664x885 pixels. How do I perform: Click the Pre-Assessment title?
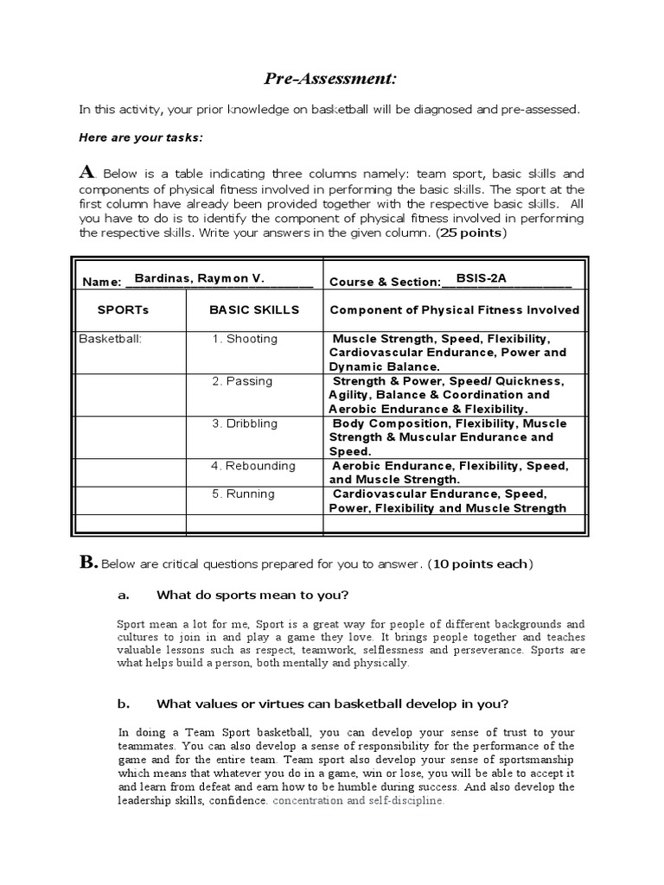pyautogui.click(x=331, y=80)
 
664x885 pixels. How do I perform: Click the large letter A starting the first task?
pyautogui.click(x=86, y=171)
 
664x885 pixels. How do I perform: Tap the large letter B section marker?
pyautogui.click(x=88, y=563)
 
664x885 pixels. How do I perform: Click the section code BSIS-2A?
pyautogui.click(x=481, y=277)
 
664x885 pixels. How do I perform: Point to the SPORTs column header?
pyautogui.click(x=124, y=310)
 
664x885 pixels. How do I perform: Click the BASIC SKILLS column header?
pyautogui.click(x=254, y=310)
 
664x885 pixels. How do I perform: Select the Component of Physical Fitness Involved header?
pyautogui.click(x=454, y=310)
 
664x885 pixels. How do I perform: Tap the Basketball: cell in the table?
pyautogui.click(x=111, y=339)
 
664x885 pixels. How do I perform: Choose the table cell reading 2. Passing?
pyautogui.click(x=242, y=381)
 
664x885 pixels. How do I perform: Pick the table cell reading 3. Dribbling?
pyautogui.click(x=246, y=423)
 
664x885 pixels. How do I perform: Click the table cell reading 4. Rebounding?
pyautogui.click(x=253, y=466)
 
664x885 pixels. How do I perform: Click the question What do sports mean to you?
pyautogui.click(x=252, y=595)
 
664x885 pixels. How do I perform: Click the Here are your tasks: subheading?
pyautogui.click(x=142, y=137)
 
